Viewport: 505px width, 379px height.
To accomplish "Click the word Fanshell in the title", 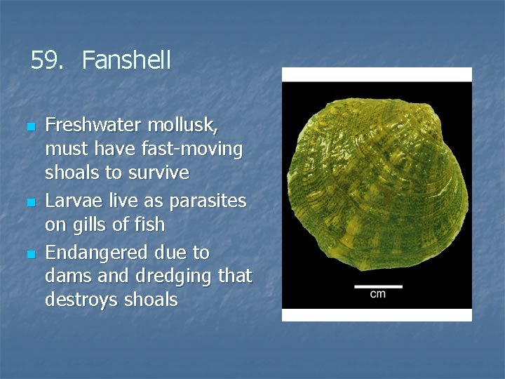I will tap(126, 60).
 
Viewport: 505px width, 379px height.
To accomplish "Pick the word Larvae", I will tap(71, 201).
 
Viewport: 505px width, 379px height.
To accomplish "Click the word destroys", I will tap(78, 300).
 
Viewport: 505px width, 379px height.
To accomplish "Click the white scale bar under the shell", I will tap(377, 285).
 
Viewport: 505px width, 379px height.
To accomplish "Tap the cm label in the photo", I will tap(377, 294).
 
